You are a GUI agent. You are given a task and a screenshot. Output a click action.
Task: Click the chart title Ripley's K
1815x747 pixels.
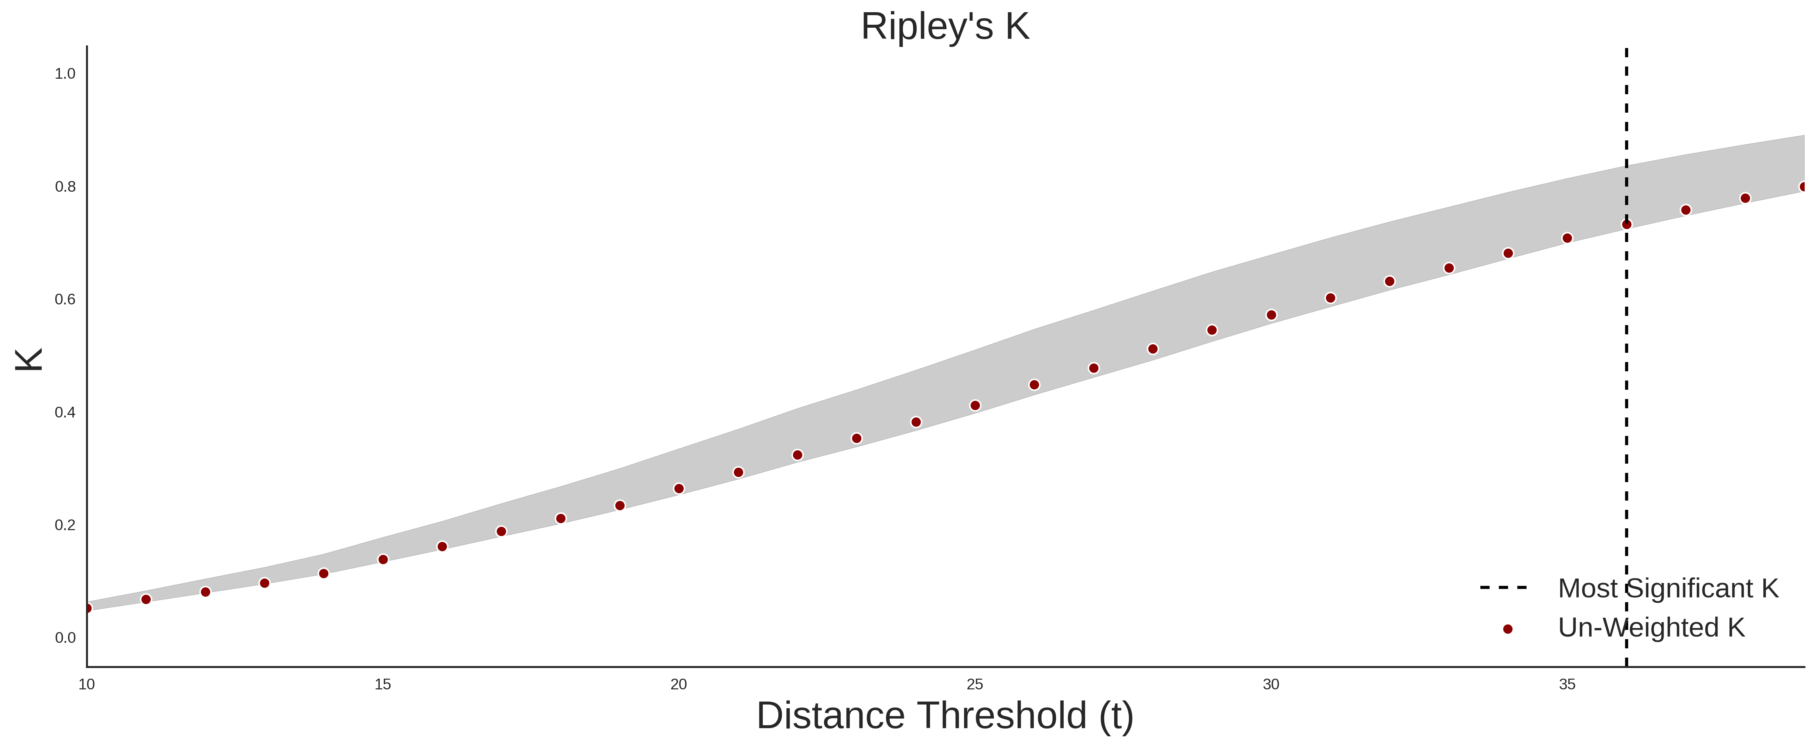(x=945, y=27)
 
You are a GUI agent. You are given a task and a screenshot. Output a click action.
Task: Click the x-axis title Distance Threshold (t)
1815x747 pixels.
(x=945, y=716)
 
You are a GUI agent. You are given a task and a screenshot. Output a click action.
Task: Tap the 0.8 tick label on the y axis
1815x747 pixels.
(x=65, y=187)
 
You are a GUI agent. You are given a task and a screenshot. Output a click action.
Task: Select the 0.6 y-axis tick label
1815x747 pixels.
(x=65, y=300)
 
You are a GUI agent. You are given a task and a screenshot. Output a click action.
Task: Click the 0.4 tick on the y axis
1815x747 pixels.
(x=65, y=412)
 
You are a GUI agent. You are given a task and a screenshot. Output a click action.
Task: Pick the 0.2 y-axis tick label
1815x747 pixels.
(x=65, y=525)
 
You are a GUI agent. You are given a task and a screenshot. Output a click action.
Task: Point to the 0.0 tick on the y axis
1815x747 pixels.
(x=65, y=638)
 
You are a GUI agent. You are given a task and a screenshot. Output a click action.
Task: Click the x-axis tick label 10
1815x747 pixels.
(x=87, y=684)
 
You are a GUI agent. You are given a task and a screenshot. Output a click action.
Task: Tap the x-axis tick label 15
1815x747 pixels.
(x=383, y=684)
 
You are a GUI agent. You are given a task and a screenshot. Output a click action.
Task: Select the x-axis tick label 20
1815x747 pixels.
(x=679, y=684)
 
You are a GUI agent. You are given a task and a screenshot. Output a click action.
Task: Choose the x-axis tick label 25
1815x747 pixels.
(x=975, y=684)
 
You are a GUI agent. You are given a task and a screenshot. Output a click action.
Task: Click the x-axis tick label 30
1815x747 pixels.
(x=1271, y=684)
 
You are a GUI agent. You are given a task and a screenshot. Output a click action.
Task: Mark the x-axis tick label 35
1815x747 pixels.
(x=1567, y=684)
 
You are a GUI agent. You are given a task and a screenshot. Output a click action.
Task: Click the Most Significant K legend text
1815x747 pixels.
(x=1668, y=589)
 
